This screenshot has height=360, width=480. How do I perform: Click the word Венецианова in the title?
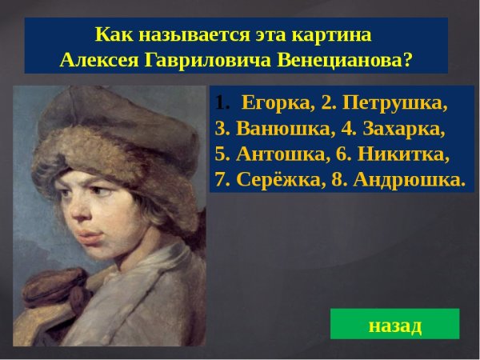346,62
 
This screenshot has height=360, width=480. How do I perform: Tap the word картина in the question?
334,36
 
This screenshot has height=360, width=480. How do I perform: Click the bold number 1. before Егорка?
222,104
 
